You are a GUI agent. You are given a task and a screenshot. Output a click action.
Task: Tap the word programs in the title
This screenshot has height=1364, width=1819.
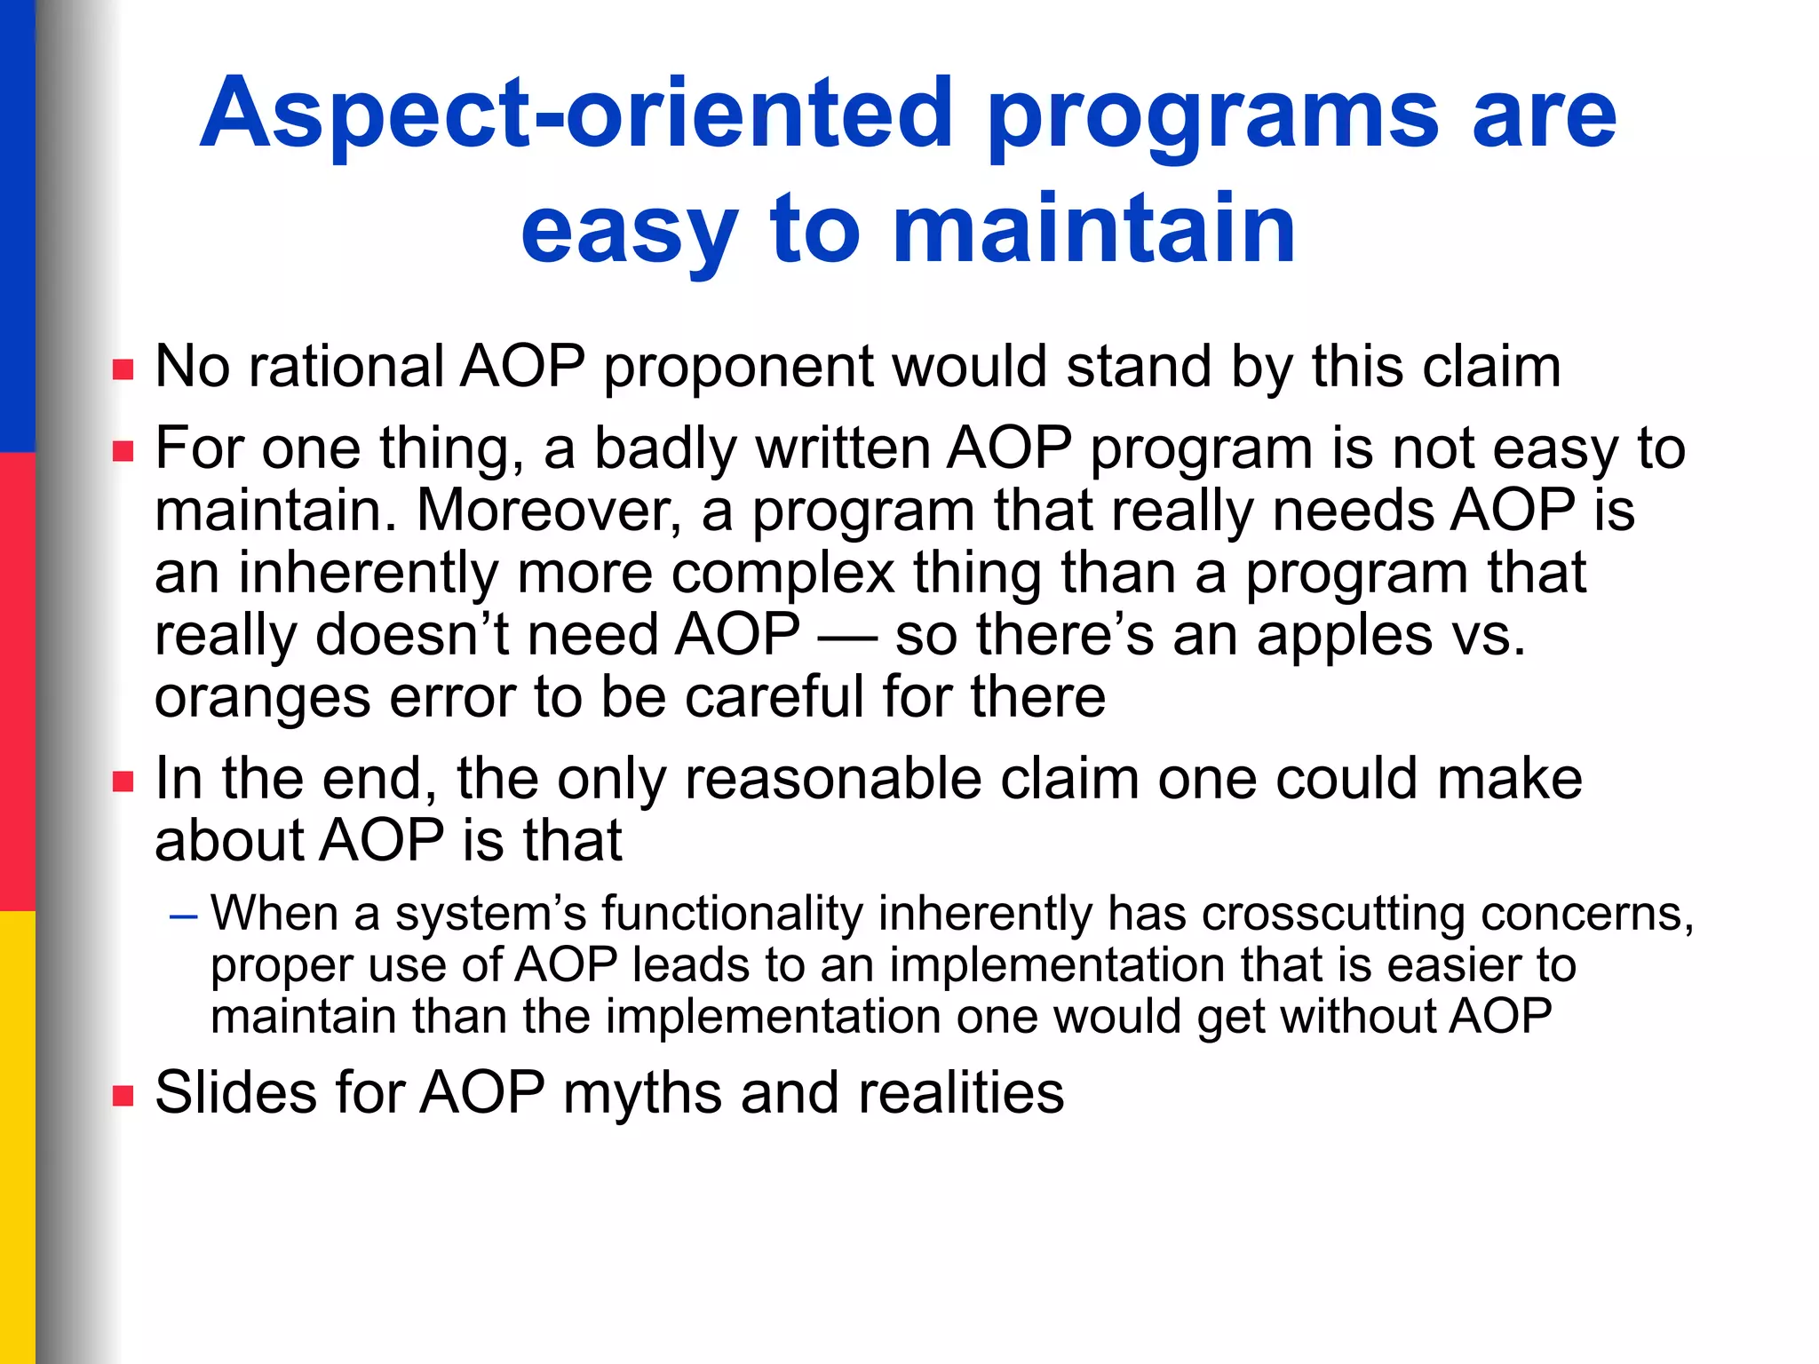coord(1212,120)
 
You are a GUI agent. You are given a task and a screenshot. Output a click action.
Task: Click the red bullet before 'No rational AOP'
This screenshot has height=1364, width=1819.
coord(123,369)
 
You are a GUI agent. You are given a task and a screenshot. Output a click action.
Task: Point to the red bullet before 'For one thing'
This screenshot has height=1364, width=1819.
coord(123,451)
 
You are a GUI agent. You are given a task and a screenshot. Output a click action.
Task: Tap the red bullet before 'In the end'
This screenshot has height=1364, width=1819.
coord(123,781)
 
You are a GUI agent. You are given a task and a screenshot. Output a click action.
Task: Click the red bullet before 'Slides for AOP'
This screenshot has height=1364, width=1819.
coord(123,1095)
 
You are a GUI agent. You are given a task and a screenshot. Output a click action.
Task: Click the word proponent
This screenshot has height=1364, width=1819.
coord(738,369)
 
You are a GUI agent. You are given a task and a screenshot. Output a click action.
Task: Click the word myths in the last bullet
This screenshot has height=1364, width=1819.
coord(642,1095)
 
